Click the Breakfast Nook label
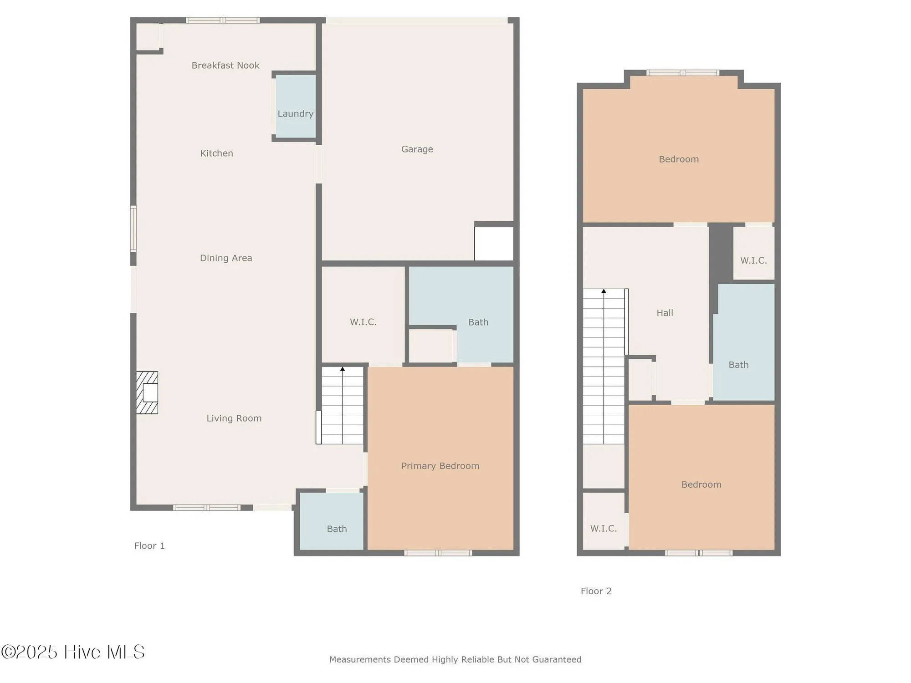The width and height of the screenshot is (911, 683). (x=225, y=66)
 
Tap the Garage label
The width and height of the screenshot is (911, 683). (x=417, y=149)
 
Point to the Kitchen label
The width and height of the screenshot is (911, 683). (x=216, y=153)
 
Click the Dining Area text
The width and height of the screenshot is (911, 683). (x=225, y=258)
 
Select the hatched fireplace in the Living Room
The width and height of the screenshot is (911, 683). (x=147, y=392)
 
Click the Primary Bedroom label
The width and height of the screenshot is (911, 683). (x=440, y=466)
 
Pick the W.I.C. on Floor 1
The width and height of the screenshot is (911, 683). (x=363, y=321)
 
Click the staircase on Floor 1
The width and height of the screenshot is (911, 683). (x=343, y=406)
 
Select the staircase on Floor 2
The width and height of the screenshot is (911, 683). (x=604, y=367)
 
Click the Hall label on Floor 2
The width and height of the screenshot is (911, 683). (x=665, y=313)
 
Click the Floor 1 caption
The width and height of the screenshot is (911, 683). (x=149, y=545)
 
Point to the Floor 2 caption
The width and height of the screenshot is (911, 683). (x=596, y=591)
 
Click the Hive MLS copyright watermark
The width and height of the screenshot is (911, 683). (x=73, y=652)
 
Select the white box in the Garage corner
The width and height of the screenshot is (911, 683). (x=494, y=244)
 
